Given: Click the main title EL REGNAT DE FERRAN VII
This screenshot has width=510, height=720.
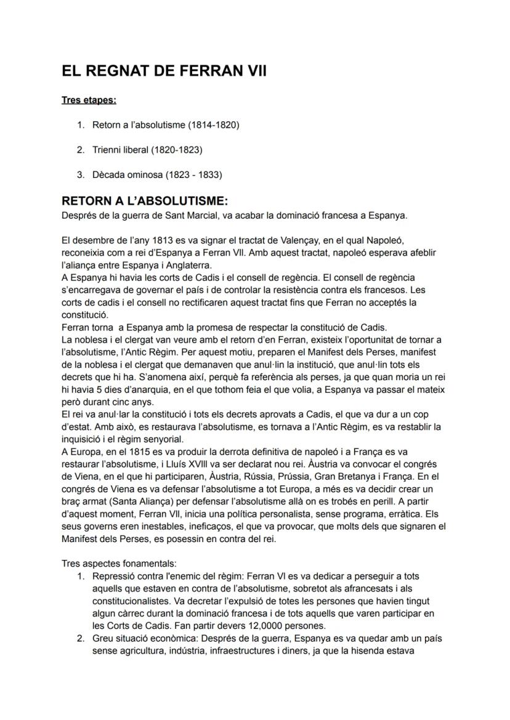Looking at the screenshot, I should click(164, 71).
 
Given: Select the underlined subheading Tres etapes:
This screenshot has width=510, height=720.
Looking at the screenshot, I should click(89, 100).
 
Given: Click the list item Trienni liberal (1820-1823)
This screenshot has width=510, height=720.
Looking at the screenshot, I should click(147, 150).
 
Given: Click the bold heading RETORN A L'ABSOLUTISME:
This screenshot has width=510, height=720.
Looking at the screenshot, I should click(145, 201).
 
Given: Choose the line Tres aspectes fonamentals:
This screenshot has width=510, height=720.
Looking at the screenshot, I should click(113, 564).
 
